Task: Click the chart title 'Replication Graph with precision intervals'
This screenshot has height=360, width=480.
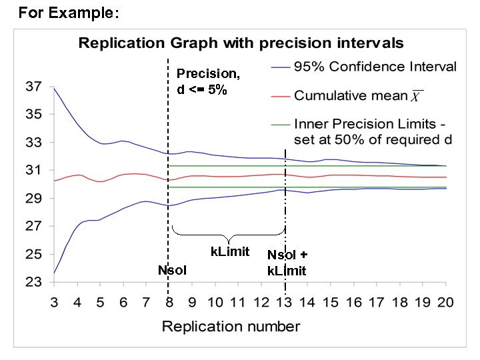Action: point(241,43)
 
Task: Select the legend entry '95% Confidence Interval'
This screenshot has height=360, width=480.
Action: point(375,67)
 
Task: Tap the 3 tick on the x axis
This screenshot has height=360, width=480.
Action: point(54,303)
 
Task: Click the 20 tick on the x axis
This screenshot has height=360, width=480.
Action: point(445,303)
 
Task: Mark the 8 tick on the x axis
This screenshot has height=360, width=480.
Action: point(169,303)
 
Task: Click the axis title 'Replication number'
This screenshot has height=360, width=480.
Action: point(231,327)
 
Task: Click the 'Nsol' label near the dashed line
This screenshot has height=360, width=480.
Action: point(172,270)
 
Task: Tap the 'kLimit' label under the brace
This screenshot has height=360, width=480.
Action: point(230,251)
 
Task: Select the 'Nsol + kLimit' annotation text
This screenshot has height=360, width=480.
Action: point(287,263)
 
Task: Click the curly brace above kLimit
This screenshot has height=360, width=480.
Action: point(229,235)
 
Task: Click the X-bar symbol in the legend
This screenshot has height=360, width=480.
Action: point(416,97)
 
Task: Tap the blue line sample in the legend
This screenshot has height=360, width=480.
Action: point(281,67)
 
